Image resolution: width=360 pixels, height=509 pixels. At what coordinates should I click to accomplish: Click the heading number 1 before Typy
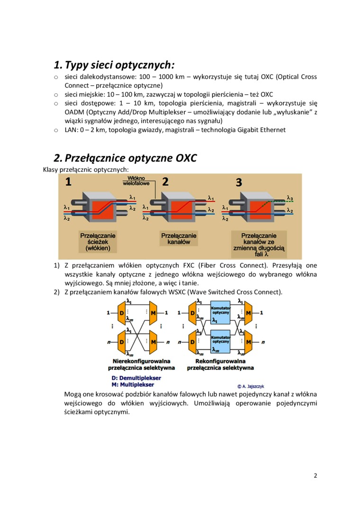coord(57,64)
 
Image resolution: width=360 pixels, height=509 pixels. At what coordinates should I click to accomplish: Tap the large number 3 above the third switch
coord(239,182)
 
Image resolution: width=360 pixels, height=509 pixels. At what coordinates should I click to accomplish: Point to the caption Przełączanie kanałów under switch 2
coord(179,239)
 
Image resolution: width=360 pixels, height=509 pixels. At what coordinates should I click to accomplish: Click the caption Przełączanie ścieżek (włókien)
coord(98,241)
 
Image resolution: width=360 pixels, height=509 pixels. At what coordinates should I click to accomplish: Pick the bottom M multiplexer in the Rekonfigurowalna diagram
coord(248,341)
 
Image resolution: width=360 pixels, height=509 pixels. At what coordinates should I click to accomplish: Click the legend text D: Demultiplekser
coord(136,378)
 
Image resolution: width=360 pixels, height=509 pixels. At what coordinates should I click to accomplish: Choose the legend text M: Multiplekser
coord(133,385)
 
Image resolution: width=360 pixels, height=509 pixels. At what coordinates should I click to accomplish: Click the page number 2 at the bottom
coord(315,476)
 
